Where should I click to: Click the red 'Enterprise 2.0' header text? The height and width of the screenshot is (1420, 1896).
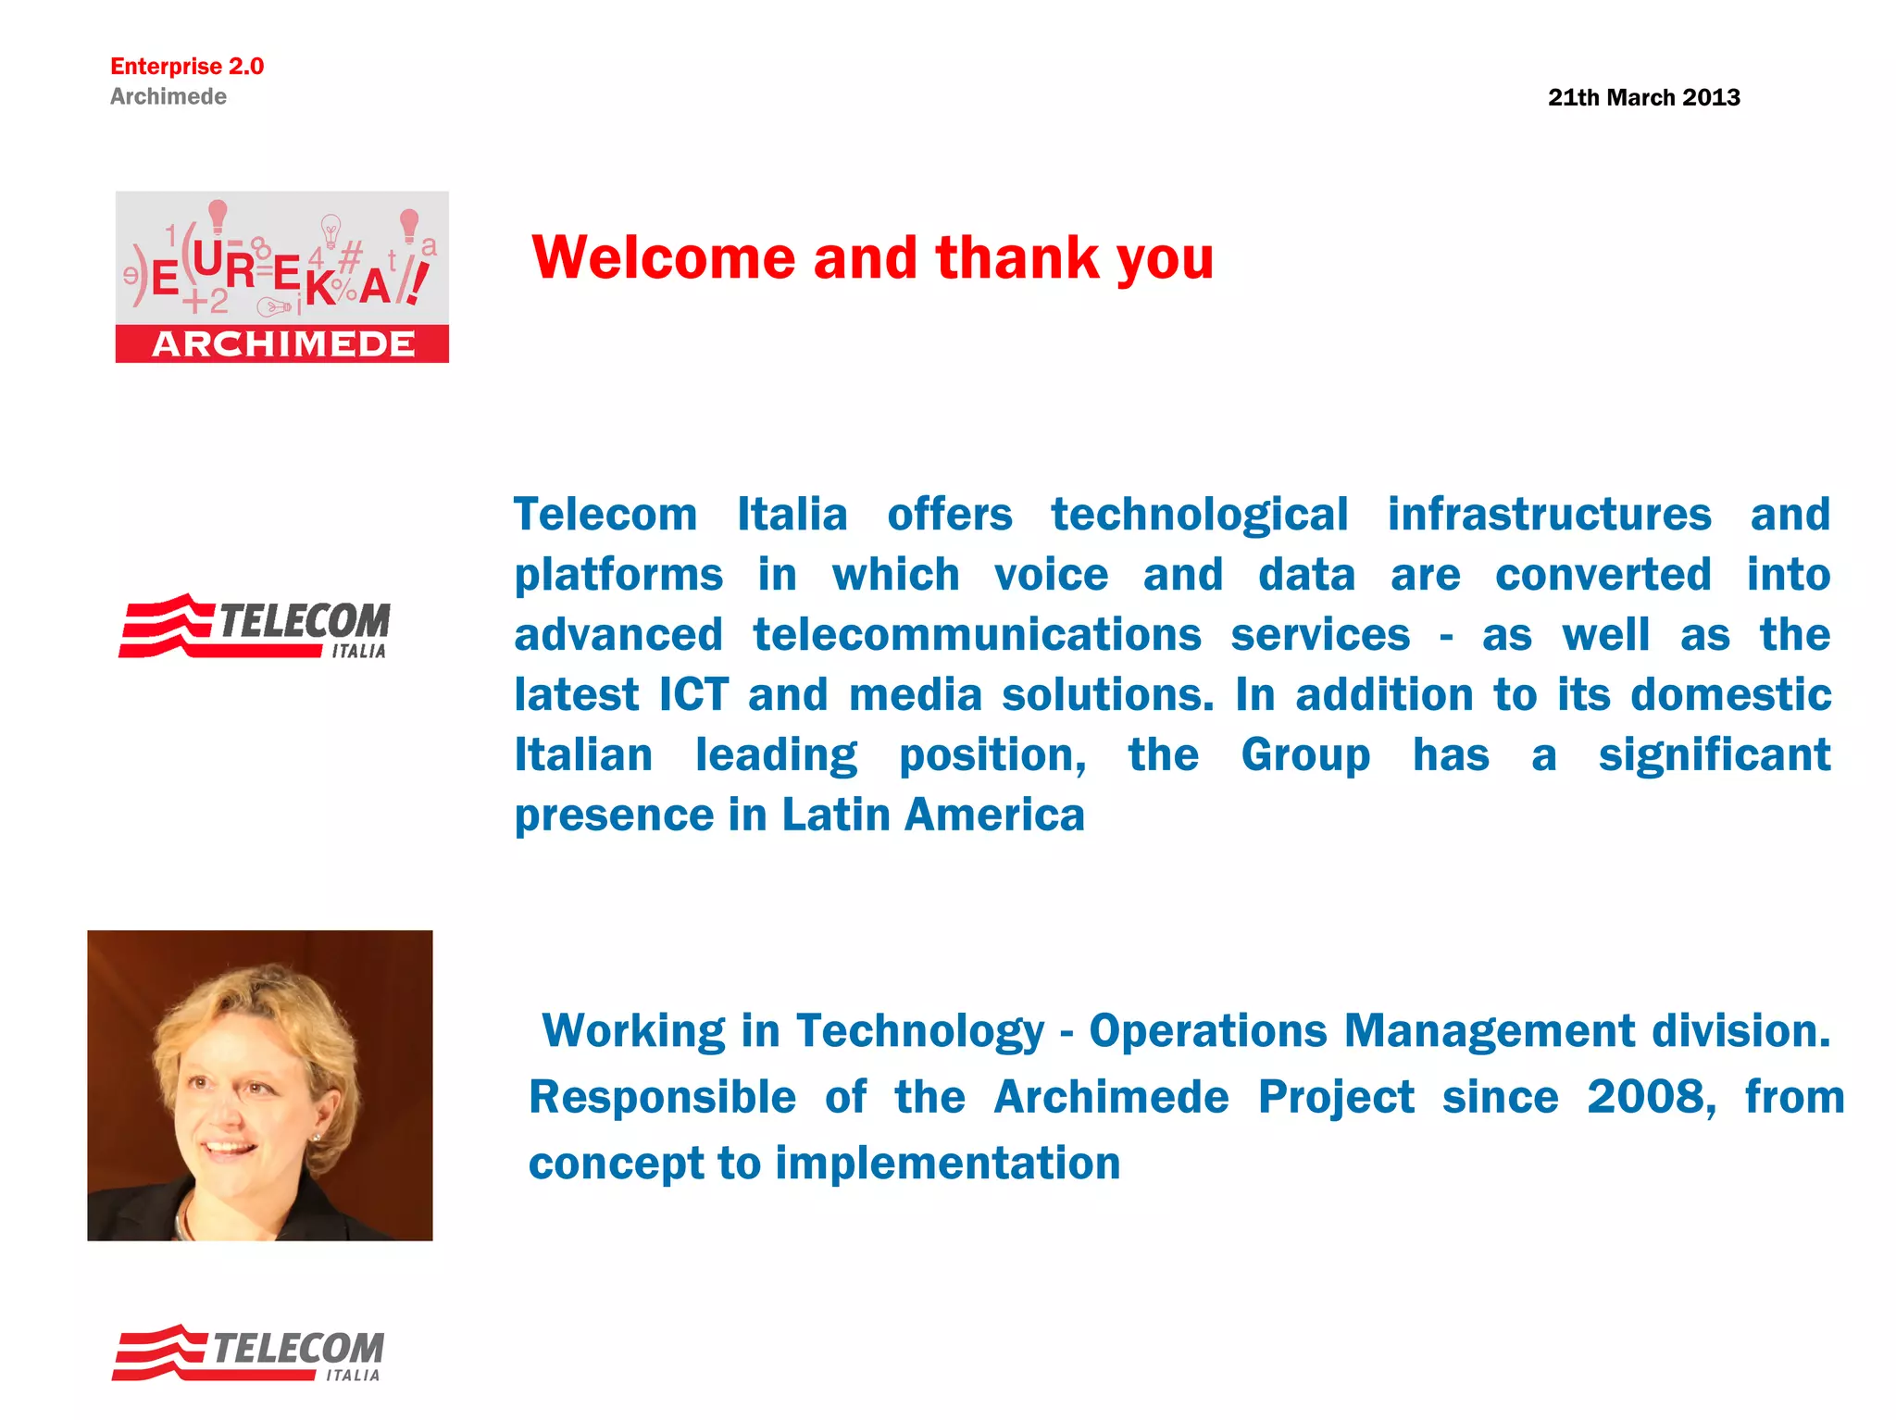(x=187, y=67)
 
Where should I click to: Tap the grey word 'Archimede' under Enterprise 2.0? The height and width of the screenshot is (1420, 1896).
(x=168, y=96)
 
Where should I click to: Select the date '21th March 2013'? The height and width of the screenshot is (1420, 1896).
(x=1643, y=97)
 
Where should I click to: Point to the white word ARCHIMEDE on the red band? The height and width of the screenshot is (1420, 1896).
(x=283, y=344)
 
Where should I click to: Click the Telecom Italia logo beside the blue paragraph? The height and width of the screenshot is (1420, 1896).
(x=255, y=627)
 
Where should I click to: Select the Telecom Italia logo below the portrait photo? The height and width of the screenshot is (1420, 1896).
(x=248, y=1353)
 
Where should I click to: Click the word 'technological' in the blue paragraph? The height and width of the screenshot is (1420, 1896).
(x=1199, y=515)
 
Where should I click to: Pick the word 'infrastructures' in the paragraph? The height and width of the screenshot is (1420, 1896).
(x=1549, y=515)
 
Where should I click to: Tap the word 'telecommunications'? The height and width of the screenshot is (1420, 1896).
(x=977, y=635)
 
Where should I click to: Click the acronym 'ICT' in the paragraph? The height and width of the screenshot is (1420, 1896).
(x=693, y=695)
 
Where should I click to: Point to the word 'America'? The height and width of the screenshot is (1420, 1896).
(x=994, y=816)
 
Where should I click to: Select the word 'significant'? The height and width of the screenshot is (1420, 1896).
(x=1714, y=755)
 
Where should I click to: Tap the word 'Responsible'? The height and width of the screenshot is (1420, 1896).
(x=662, y=1098)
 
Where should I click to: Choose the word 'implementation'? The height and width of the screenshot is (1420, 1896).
(x=947, y=1164)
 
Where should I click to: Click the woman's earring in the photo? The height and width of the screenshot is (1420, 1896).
(x=318, y=1137)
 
